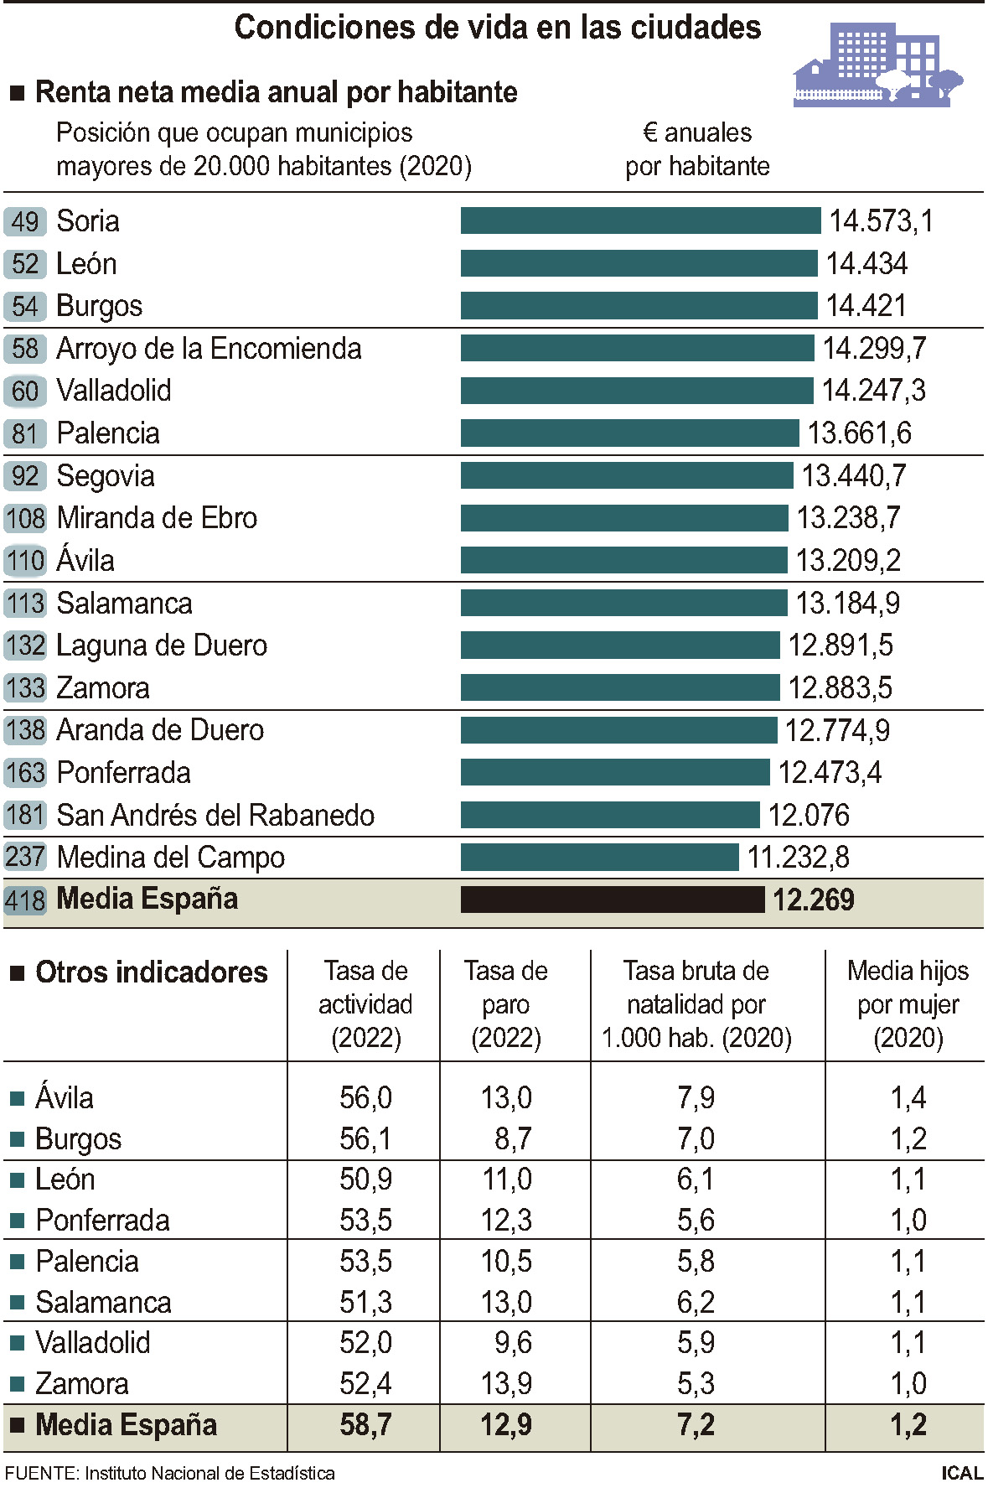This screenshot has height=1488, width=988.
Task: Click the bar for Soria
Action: coord(640,221)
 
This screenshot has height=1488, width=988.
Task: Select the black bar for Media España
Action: coord(612,900)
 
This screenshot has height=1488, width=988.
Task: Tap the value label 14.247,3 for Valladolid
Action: coord(873,391)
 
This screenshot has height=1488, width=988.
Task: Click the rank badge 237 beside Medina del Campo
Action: coord(25,857)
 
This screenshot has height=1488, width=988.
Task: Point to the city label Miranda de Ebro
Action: coord(157,518)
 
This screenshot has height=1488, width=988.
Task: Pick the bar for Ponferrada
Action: coord(614,772)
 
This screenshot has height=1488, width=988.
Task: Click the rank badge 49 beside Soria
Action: coord(25,221)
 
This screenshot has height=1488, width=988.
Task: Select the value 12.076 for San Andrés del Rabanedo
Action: coord(809,815)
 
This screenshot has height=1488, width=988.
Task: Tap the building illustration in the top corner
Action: coord(877,65)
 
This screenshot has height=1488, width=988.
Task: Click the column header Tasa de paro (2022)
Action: coord(506,1004)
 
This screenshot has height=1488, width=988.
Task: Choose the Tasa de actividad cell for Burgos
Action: coord(365,1138)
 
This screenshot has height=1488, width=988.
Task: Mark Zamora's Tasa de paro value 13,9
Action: coord(506,1383)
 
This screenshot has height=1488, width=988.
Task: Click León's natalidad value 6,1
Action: coord(696,1180)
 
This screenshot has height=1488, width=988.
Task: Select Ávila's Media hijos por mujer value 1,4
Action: coord(908,1097)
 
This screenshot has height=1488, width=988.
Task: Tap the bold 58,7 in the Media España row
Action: coord(365,1424)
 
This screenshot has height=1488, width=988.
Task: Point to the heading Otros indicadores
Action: coord(151,972)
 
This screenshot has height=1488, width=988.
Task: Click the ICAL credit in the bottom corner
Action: coord(961,1473)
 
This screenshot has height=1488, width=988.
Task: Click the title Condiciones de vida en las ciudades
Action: coord(497,28)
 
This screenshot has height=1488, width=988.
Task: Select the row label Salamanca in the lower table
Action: coord(103,1302)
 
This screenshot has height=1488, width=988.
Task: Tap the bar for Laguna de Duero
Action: coord(619,645)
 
